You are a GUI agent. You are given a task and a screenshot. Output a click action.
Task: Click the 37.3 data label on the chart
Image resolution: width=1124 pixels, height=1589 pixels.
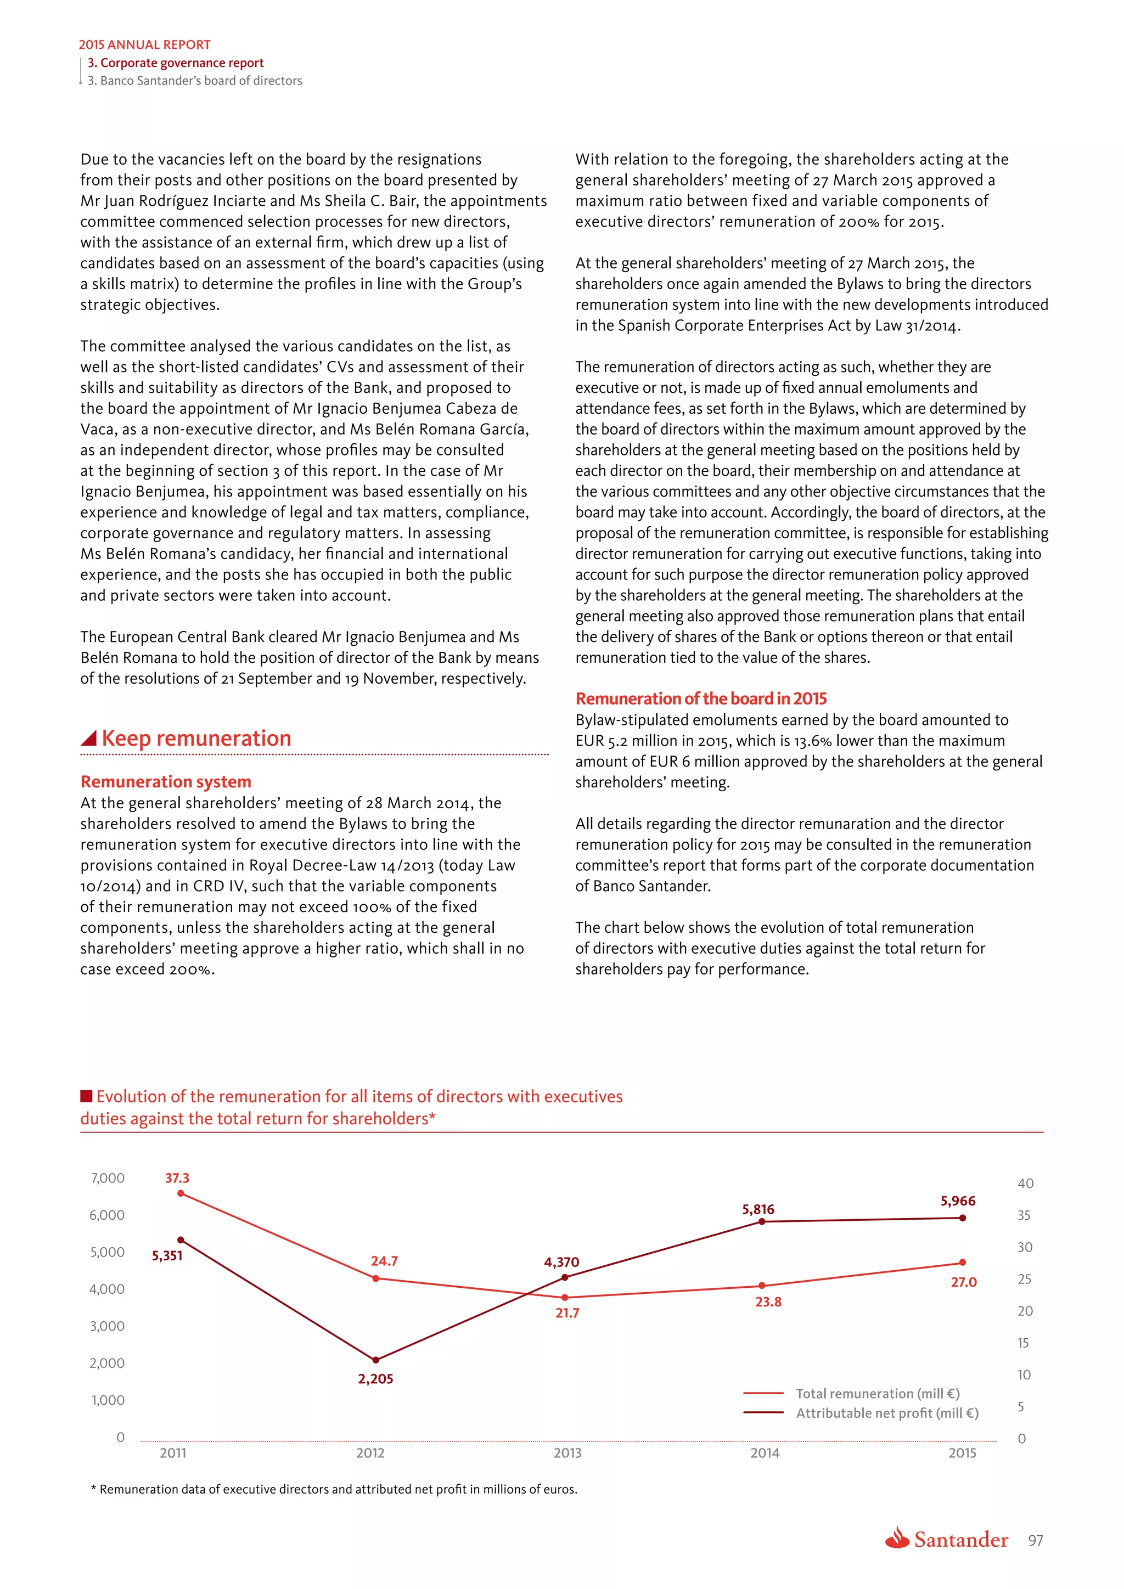(x=177, y=1178)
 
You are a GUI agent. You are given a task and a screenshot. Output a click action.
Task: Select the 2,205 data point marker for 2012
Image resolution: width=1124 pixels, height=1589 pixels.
(x=376, y=1360)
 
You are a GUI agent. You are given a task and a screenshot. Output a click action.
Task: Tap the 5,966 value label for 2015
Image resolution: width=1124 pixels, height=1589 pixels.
(x=958, y=1201)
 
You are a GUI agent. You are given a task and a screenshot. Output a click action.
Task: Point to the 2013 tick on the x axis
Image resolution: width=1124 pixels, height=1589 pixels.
(x=567, y=1453)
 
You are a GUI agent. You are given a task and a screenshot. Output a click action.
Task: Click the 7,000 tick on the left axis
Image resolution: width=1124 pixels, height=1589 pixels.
(x=108, y=1178)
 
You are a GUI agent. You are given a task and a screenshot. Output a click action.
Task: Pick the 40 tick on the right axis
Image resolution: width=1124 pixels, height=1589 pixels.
(x=1025, y=1184)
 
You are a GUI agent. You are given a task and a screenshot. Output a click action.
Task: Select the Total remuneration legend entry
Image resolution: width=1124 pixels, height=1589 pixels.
(x=877, y=1393)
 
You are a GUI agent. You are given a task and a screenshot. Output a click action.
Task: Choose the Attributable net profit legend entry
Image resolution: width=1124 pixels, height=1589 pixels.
(x=886, y=1412)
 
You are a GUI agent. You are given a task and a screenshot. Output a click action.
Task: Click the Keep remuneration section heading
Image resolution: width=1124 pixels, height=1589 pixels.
(x=196, y=739)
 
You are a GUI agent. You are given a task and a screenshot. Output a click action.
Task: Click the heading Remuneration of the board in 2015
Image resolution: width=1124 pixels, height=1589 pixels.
(x=701, y=698)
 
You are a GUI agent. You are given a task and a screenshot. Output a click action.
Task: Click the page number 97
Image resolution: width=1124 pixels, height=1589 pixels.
(x=1036, y=1541)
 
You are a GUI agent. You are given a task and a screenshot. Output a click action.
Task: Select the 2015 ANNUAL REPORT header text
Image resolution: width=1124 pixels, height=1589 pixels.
(x=145, y=44)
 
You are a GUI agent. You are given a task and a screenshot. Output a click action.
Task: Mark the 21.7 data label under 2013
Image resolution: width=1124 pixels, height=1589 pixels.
(x=567, y=1313)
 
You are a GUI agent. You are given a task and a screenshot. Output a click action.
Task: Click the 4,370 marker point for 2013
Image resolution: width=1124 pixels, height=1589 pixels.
(x=565, y=1277)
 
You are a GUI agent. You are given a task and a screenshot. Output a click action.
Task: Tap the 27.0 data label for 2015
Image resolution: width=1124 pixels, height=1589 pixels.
(x=963, y=1282)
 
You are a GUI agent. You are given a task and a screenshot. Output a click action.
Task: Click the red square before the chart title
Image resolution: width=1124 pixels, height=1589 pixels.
(x=87, y=1096)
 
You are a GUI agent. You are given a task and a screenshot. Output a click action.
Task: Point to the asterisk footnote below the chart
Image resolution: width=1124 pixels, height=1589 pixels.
(x=334, y=1489)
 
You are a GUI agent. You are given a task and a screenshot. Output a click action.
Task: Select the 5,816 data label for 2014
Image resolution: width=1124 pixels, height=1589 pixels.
(x=758, y=1209)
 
